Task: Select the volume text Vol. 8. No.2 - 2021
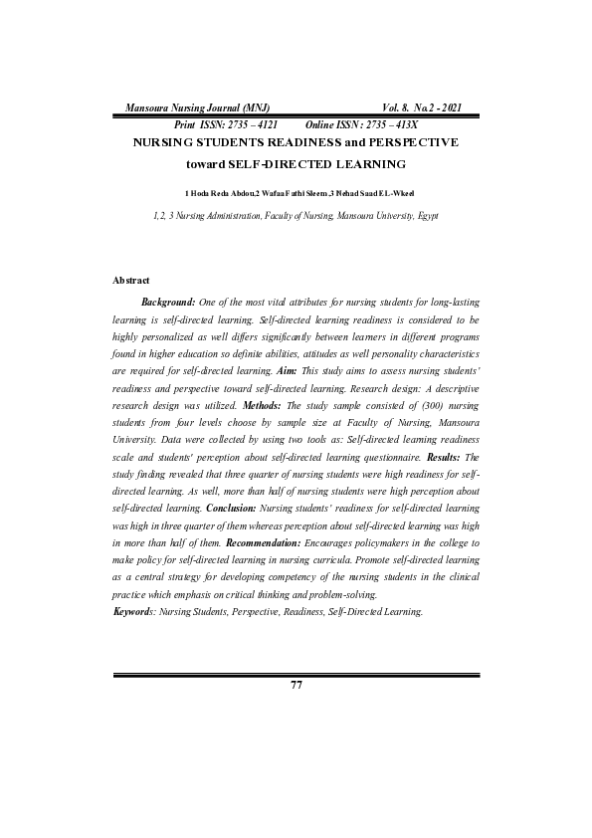point(421,107)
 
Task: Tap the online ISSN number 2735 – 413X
point(377,124)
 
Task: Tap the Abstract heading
point(130,282)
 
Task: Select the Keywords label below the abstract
point(134,610)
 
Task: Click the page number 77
point(296,685)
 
